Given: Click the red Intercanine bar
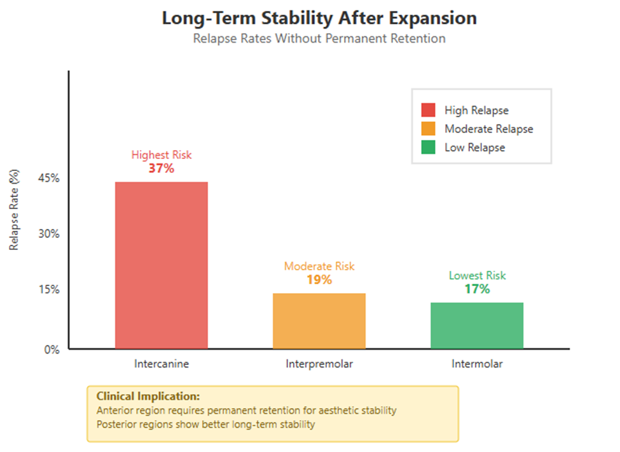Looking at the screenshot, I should pos(161,265).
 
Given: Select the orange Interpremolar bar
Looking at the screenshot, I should pos(319,320).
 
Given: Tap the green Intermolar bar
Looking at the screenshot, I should pos(477,325).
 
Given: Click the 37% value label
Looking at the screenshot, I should pos(161,168).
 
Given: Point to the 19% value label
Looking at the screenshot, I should pos(319,280).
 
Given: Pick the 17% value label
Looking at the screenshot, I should pos(477,289).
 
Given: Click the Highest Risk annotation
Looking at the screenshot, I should pos(161,154).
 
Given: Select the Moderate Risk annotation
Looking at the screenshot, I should pos(319,266).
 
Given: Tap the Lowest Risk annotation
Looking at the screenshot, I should pos(477,275).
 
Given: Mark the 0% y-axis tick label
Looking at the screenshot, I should pos(52,349).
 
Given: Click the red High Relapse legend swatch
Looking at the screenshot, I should pos(428,111).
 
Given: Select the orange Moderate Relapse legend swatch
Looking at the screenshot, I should pos(428,129).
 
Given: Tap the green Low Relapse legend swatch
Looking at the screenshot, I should pos(428,147).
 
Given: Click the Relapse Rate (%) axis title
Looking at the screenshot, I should pos(14,209).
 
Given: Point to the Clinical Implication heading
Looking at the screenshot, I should pos(148,396).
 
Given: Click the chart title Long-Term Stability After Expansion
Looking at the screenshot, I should pos(319,18).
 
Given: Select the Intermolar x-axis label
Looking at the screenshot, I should pos(477,365).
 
